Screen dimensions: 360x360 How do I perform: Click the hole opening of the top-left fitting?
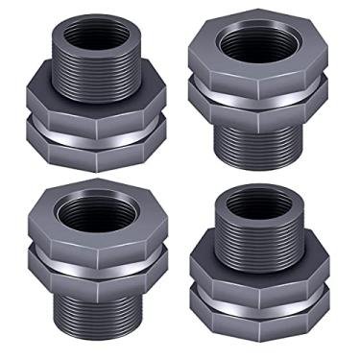92,30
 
